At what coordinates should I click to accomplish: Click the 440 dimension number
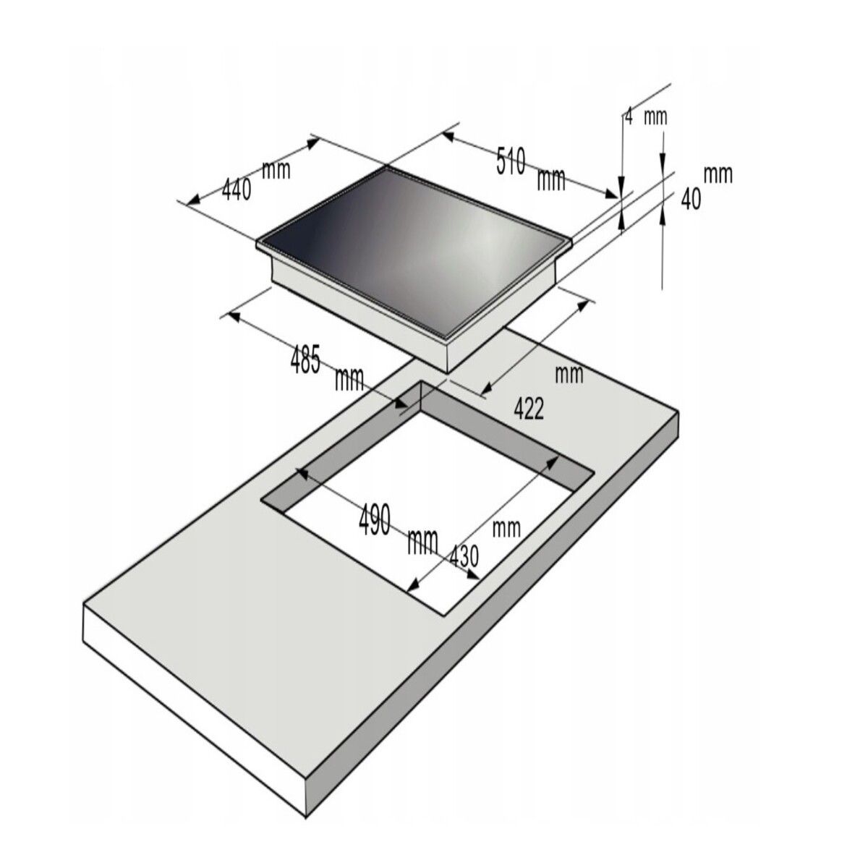click(237, 190)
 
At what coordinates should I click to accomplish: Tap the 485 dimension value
click(305, 359)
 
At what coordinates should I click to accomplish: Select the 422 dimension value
click(529, 409)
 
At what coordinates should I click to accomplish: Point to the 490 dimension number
click(374, 519)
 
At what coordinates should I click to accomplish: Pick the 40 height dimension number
click(691, 199)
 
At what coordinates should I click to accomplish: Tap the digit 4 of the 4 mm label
click(629, 116)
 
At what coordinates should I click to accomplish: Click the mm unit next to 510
click(551, 179)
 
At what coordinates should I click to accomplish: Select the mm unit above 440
click(276, 170)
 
